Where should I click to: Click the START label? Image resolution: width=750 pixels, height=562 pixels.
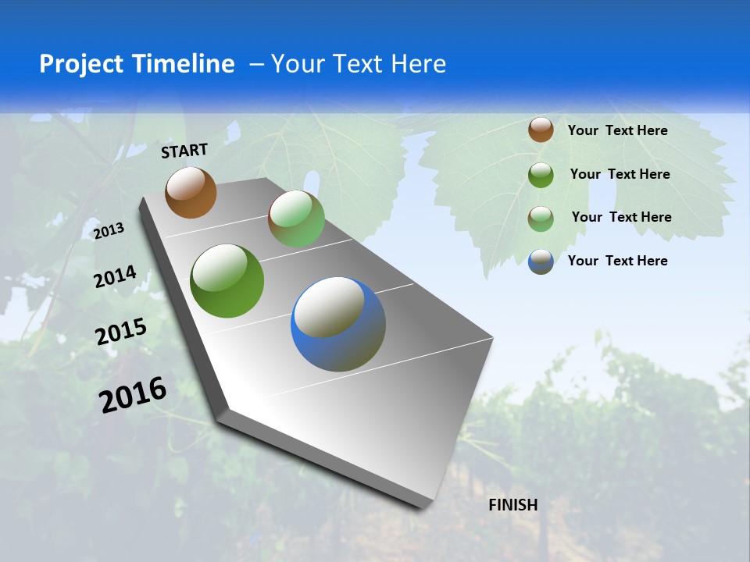tap(184, 151)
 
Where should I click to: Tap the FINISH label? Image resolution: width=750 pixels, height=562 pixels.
tap(513, 505)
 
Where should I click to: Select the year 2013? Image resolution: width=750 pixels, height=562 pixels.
tap(109, 231)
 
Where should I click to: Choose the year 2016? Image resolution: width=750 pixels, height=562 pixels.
tap(133, 395)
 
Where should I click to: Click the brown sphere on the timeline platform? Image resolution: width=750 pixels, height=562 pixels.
tap(191, 192)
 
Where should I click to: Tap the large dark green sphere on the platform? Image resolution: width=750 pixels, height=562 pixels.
tap(227, 281)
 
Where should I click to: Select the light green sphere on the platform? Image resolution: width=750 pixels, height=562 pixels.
tap(296, 219)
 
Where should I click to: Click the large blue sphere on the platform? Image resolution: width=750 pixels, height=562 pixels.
tap(338, 324)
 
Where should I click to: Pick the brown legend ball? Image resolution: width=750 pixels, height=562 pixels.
tap(541, 130)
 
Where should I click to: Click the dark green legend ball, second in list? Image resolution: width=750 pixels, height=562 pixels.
tap(541, 175)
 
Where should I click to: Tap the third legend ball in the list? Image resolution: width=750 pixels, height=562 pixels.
tap(541, 218)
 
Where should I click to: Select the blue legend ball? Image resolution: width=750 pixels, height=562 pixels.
tap(541, 261)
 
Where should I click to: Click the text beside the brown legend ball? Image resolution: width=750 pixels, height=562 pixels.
tap(617, 130)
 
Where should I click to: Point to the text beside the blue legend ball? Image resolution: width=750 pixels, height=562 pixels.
tap(617, 261)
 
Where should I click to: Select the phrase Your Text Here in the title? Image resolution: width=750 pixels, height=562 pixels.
tap(359, 64)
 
